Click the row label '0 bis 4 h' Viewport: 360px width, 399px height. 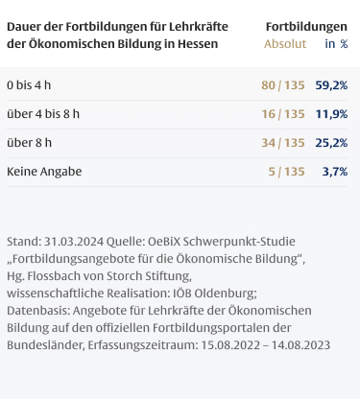tap(29, 85)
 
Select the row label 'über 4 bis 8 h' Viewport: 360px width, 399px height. tap(43, 114)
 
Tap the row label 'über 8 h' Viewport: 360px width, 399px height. tap(29, 143)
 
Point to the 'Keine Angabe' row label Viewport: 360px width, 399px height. tap(44, 172)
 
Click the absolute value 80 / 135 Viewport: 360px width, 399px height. tap(283, 85)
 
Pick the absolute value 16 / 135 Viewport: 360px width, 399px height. tap(283, 114)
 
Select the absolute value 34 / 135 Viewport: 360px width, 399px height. tap(283, 143)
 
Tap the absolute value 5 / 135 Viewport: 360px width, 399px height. tap(286, 172)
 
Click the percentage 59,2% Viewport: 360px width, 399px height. tap(331, 85)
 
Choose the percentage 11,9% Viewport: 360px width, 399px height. tap(331, 114)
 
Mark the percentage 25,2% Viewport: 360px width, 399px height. tap(331, 143)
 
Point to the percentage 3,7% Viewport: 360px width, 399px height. tap(335, 172)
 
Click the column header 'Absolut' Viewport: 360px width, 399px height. tap(285, 44)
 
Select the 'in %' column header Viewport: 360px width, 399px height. tap(336, 44)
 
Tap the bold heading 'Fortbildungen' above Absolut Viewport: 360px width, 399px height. tap(306, 27)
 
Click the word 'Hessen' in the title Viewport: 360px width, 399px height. tap(198, 44)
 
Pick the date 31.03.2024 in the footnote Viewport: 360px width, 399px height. tap(74, 242)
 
